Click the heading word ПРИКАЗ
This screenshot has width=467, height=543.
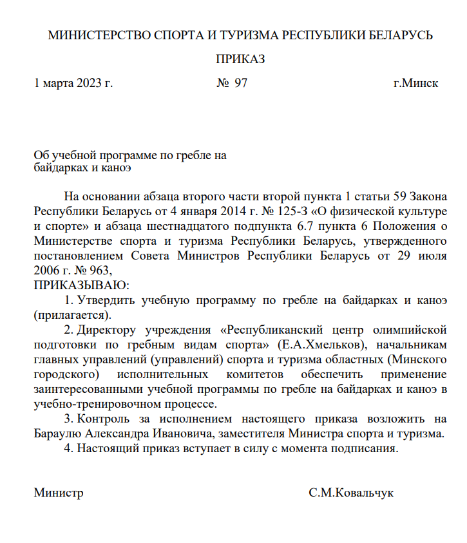[x=240, y=59]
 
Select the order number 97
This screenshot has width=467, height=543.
[x=240, y=84]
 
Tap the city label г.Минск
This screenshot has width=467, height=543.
[x=415, y=84]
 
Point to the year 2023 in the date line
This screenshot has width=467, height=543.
[x=89, y=84]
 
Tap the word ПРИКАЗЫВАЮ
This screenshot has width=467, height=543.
[x=81, y=285]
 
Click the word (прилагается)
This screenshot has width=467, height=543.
[x=72, y=315]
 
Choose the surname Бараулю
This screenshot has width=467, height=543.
[x=58, y=434]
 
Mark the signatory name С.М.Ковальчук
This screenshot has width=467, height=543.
[x=350, y=493]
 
